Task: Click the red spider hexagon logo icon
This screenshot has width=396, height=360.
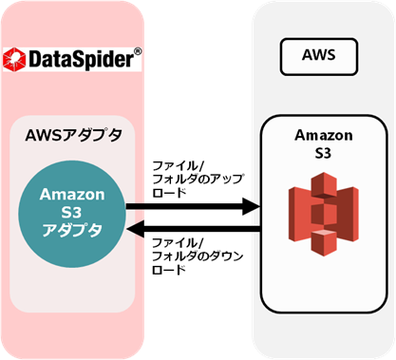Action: [14, 59]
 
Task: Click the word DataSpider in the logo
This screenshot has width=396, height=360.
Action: [82, 59]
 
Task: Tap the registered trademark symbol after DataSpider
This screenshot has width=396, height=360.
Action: [138, 51]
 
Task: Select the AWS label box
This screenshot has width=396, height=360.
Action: [319, 57]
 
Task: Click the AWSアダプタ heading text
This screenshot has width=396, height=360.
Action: [74, 136]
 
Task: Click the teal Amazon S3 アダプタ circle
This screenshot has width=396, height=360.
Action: [72, 215]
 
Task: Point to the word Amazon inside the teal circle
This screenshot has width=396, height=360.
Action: [72, 194]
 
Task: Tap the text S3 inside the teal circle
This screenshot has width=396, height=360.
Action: [71, 213]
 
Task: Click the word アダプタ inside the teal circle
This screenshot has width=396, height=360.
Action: [72, 230]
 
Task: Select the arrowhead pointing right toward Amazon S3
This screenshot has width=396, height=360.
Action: [252, 206]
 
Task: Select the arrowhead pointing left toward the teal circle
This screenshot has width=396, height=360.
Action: [136, 228]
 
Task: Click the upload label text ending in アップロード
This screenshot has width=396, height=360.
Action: [198, 180]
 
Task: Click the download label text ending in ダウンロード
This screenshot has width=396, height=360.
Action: [198, 256]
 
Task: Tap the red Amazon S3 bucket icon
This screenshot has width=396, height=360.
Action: [324, 214]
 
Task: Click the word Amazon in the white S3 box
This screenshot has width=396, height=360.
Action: [324, 136]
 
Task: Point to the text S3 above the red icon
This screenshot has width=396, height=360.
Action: [323, 153]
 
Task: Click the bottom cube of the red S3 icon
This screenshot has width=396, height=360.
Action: [324, 242]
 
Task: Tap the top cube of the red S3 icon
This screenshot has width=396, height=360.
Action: [324, 183]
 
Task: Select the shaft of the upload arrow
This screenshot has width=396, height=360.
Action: [184, 206]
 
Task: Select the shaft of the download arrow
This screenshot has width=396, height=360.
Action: [202, 229]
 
